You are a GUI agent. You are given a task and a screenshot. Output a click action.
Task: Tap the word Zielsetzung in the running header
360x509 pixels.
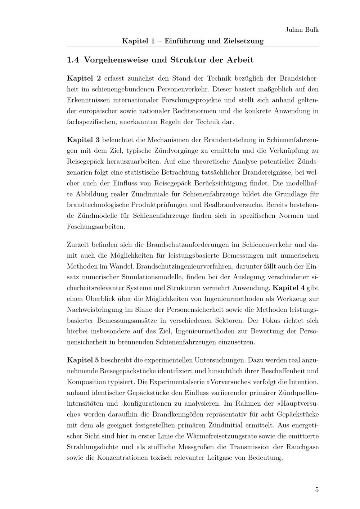244,41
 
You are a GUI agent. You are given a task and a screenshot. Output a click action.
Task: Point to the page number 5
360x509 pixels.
317,490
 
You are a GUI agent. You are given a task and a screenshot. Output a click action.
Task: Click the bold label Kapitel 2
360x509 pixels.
84,78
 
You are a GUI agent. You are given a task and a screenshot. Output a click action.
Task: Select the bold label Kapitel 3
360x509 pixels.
84,139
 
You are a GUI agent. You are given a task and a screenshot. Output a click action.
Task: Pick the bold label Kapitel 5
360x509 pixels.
83,360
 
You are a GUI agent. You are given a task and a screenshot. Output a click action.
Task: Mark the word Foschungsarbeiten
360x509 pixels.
96,227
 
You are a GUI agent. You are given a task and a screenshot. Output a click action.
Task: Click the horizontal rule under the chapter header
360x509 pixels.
193,46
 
